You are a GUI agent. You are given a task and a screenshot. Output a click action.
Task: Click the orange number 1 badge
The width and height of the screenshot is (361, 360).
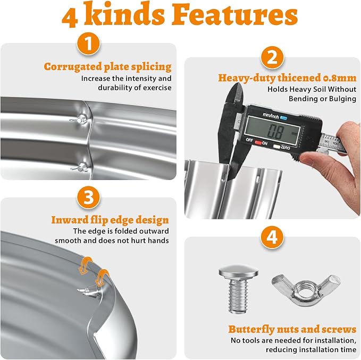pos(88,44)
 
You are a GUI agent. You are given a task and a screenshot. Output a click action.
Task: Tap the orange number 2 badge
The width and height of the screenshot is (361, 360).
pos(272,58)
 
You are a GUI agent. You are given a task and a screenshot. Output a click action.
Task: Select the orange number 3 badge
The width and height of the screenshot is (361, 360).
pos(88,198)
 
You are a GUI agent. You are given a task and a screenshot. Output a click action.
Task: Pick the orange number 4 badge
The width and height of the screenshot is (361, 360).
pos(272,237)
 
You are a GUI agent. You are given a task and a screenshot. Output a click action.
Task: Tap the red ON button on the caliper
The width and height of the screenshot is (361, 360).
pos(258,143)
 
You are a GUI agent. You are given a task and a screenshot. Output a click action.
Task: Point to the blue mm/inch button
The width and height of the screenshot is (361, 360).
pos(283,118)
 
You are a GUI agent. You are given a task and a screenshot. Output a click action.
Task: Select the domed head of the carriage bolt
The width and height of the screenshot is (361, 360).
pos(238,272)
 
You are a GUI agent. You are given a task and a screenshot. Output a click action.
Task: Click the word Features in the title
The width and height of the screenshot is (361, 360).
pos(235,14)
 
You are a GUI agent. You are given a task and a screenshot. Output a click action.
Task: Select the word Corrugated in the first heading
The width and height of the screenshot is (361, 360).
pos(72,67)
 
